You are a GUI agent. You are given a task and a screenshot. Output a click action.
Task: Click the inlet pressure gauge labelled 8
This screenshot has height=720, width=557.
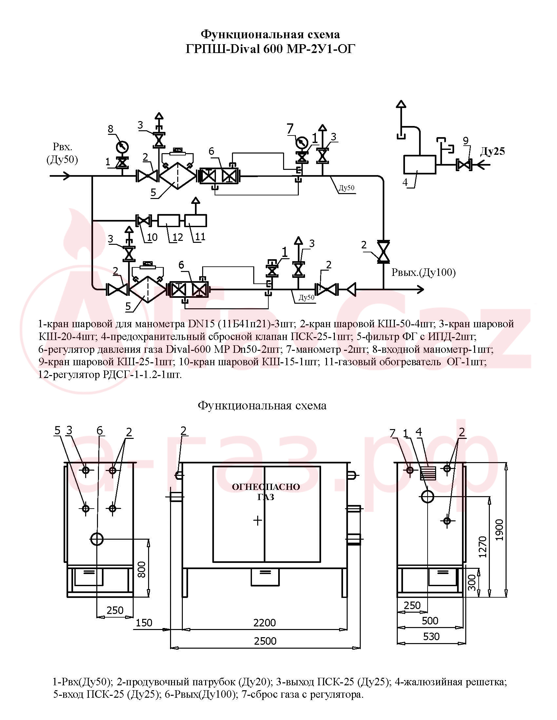pos(123,146)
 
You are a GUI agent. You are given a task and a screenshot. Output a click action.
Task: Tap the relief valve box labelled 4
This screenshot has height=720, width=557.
pos(419,165)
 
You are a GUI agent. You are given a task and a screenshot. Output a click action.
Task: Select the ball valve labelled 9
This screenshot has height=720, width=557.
pos(464,165)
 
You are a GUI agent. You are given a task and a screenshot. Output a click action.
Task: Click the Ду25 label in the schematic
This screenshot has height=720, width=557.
pos(492,151)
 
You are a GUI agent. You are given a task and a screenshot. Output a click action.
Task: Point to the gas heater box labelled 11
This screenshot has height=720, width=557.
pos(196,220)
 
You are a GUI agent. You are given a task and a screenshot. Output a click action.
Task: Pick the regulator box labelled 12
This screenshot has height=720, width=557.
pos(169,220)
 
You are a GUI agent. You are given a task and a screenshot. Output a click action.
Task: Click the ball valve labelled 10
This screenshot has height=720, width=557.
pos(143,220)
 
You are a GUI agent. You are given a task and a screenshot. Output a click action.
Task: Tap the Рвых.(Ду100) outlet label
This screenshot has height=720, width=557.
pos(423,272)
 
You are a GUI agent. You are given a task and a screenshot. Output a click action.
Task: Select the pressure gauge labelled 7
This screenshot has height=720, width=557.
pos(301,143)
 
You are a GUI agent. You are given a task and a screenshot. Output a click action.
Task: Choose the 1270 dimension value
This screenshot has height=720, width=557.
pos(482,547)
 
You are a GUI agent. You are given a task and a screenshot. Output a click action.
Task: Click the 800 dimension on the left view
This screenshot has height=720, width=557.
pos(141,569)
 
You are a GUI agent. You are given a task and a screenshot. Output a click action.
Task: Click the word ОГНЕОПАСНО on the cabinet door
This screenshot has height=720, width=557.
pos(266,487)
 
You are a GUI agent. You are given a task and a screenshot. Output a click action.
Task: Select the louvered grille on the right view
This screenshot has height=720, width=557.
pos(428,473)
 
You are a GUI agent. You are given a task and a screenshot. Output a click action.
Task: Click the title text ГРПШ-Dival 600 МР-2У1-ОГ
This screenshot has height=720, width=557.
pos(270,49)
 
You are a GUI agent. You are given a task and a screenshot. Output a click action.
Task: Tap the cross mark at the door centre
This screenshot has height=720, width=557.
pos(258,521)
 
